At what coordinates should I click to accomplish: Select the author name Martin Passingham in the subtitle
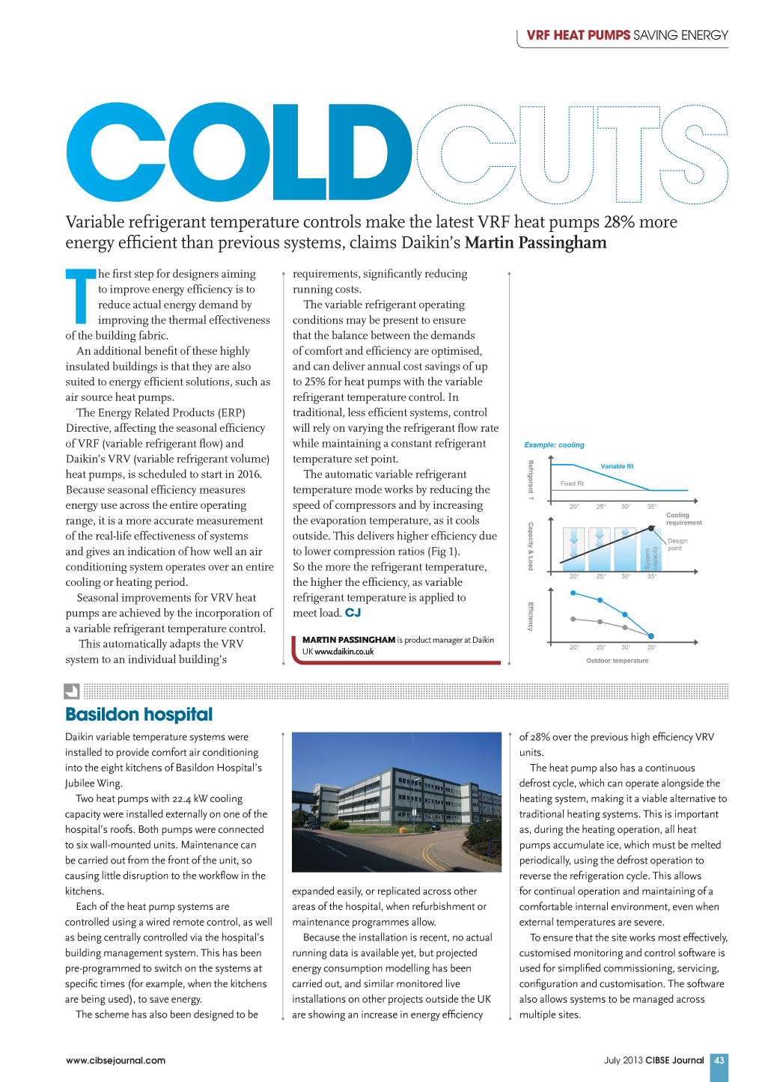pos(535,242)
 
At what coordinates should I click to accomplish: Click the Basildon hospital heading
pos(138,715)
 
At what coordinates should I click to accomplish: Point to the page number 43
pos(719,1060)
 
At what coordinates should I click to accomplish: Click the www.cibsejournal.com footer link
pos(115,1060)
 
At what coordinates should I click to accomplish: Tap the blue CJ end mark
pos(353,613)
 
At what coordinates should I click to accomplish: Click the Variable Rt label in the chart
pos(617,466)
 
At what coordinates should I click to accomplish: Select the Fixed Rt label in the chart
pos(572,483)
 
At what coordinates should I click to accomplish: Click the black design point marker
pos(650,528)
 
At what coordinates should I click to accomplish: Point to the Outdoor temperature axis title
pos(617,661)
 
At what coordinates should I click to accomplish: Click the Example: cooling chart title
pos(554,445)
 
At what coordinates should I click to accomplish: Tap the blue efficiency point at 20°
pos(573,593)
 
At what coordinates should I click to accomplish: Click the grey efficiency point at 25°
pos(600,622)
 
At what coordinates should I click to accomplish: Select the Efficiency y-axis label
pos(531,616)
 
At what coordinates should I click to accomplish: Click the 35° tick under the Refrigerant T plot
pos(652,507)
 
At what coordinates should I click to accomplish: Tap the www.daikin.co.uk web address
pos(344,652)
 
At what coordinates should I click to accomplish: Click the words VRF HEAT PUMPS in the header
pos(578,35)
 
